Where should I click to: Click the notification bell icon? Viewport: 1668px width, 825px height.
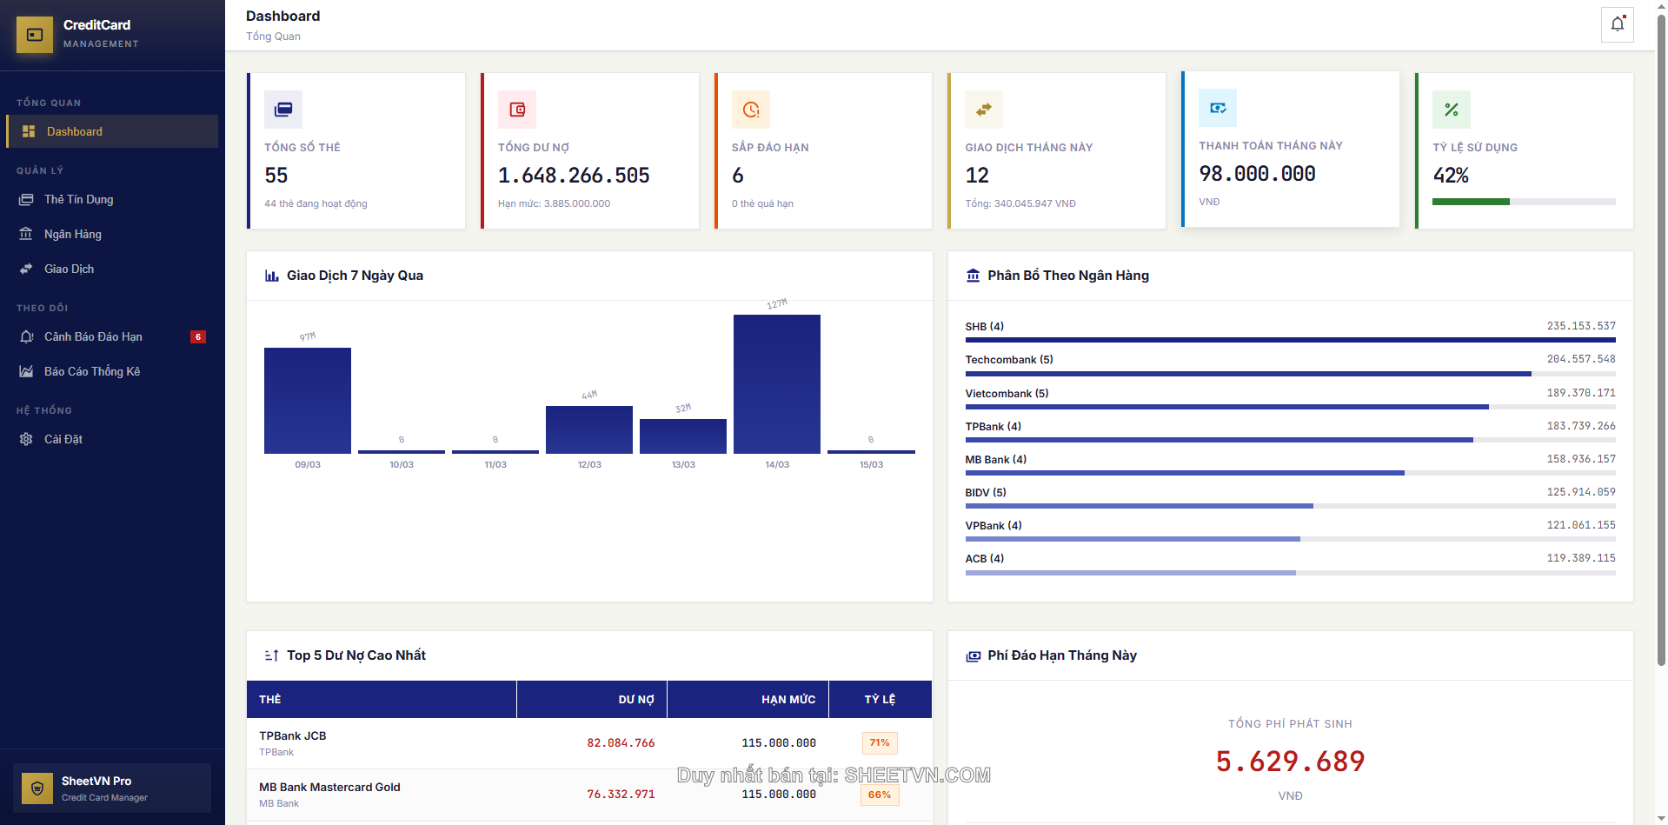coord(1617,24)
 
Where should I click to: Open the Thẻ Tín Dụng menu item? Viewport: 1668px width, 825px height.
coord(78,200)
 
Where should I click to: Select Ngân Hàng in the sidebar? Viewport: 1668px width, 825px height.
coord(72,235)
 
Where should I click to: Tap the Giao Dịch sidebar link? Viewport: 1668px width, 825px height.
coord(69,269)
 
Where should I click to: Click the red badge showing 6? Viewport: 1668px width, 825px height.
coord(198,337)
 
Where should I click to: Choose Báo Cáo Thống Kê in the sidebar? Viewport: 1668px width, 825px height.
coord(91,372)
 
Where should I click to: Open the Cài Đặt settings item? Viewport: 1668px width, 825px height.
coord(63,440)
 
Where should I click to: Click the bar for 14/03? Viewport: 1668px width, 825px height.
coord(776,384)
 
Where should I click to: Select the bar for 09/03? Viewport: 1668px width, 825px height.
coord(307,401)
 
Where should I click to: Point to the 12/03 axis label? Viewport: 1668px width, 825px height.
coord(589,465)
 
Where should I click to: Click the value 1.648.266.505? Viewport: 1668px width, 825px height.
coord(574,176)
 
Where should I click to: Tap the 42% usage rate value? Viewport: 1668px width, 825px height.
coord(1451,176)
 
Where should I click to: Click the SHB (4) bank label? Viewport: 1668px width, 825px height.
coord(984,327)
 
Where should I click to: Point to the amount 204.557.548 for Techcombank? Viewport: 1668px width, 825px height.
coord(1580,359)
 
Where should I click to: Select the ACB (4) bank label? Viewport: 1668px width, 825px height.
coord(984,559)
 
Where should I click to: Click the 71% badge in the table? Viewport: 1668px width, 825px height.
coord(880,743)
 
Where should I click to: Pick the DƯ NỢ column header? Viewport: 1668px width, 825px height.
coord(635,700)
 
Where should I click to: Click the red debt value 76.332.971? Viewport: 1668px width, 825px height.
coord(621,795)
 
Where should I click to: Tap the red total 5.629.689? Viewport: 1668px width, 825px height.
coord(1290,762)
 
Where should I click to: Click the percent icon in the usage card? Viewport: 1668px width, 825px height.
coord(1451,110)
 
